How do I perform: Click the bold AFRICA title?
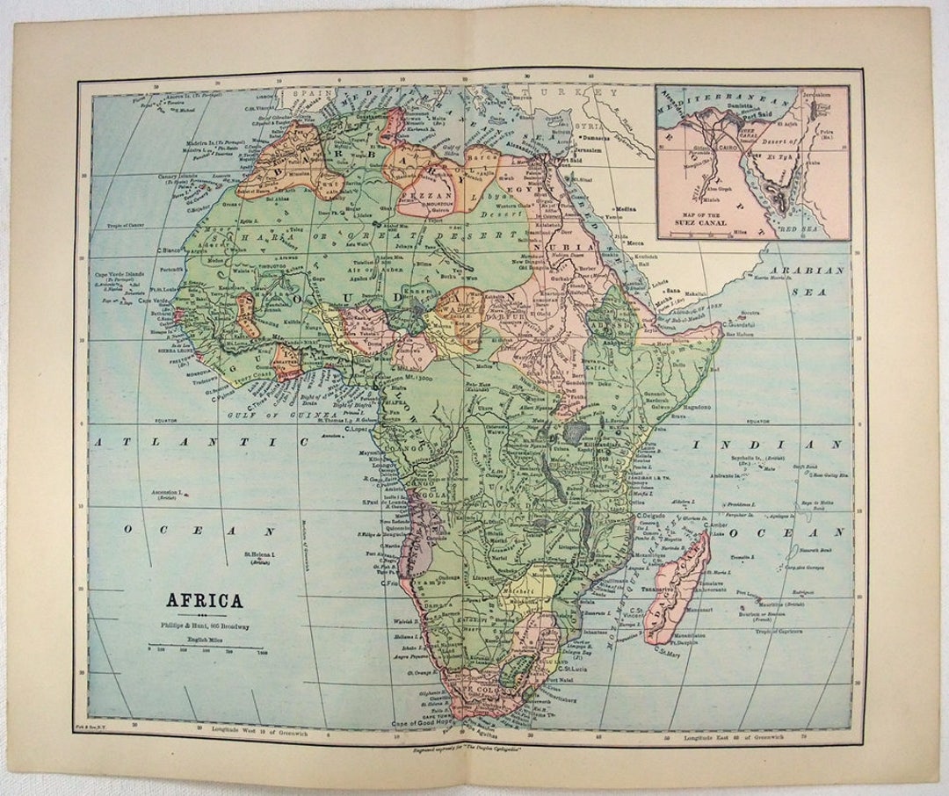205,601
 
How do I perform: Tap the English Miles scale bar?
206,648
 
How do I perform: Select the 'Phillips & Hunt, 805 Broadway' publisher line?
205,626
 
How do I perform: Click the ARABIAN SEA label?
807,279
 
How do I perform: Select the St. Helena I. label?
259,555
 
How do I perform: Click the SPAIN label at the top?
310,90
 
